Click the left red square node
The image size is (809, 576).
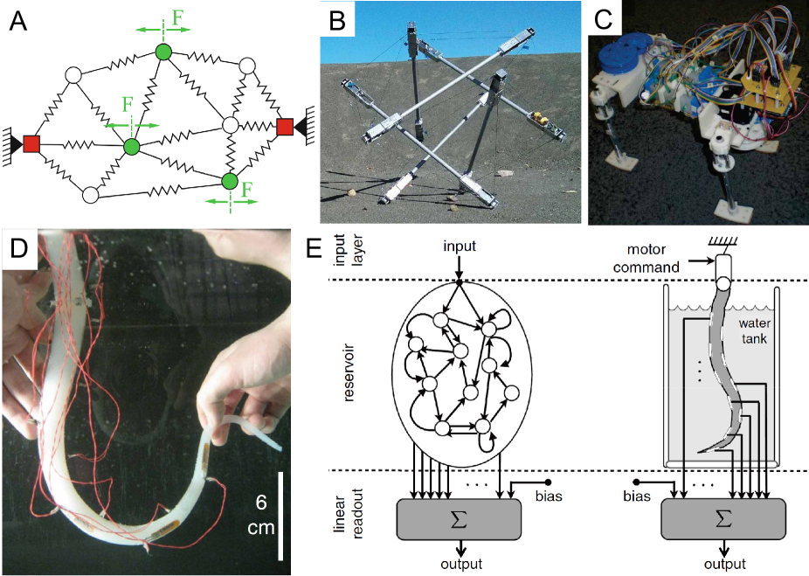pyautogui.click(x=31, y=142)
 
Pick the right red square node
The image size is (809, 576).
pyautogui.click(x=284, y=128)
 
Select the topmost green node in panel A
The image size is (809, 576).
pyautogui.click(x=162, y=52)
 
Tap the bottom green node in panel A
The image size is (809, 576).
pyautogui.click(x=230, y=181)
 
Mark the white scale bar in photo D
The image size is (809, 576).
pyautogui.click(x=280, y=515)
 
